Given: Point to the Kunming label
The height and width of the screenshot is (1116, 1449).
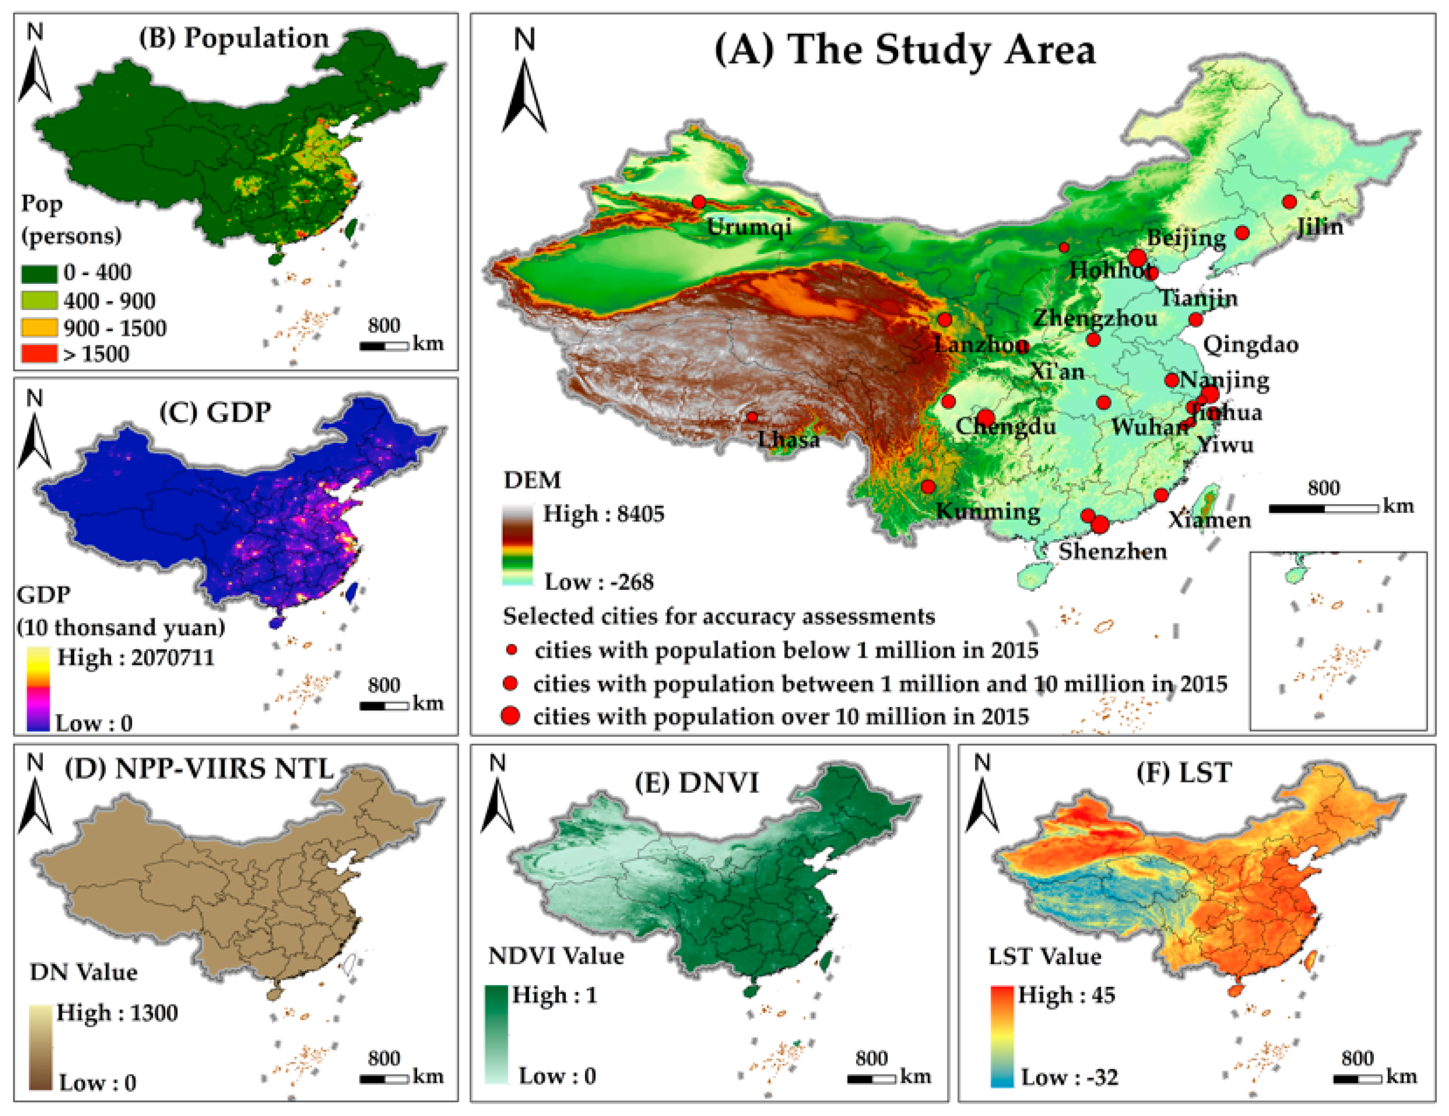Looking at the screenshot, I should pyautogui.click(x=988, y=511).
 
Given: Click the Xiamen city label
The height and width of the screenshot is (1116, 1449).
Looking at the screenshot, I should pyautogui.click(x=1210, y=519).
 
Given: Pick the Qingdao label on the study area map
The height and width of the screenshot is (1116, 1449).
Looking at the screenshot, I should pyautogui.click(x=1250, y=344).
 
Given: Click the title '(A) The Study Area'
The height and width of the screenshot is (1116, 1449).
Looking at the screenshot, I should pyautogui.click(x=904, y=50).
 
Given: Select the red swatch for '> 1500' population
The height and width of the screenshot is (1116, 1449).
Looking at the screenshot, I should pyautogui.click(x=39, y=353).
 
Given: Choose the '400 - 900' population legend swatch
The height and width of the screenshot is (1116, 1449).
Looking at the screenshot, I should pyautogui.click(x=39, y=300).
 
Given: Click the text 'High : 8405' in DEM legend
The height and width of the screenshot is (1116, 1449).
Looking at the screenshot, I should pyautogui.click(x=603, y=513).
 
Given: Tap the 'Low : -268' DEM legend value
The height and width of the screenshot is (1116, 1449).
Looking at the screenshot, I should pyautogui.click(x=598, y=582).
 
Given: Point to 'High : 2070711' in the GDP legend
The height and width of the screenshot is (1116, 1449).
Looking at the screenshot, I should pyautogui.click(x=135, y=657).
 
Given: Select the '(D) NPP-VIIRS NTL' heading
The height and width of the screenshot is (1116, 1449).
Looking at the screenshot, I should pyautogui.click(x=199, y=769).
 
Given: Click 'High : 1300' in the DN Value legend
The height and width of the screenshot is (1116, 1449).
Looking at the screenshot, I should pyautogui.click(x=117, y=1013).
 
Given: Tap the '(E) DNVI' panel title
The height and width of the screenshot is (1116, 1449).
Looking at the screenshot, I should pyautogui.click(x=696, y=782).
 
